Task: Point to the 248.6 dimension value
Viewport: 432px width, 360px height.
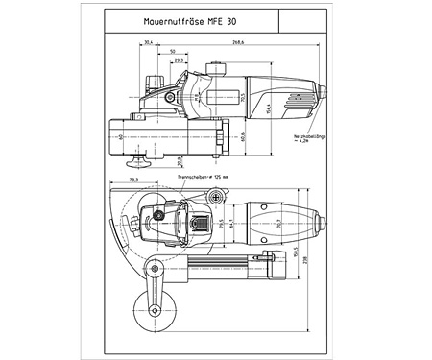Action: [x=235, y=43]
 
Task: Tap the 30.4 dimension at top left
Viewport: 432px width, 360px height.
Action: [x=147, y=43]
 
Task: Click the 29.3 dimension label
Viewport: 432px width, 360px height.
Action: [x=179, y=60]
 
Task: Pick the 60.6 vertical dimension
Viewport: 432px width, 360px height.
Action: [x=241, y=135]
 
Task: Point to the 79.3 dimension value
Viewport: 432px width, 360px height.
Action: [x=133, y=180]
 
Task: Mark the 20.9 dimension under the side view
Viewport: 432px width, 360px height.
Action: [x=179, y=158]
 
